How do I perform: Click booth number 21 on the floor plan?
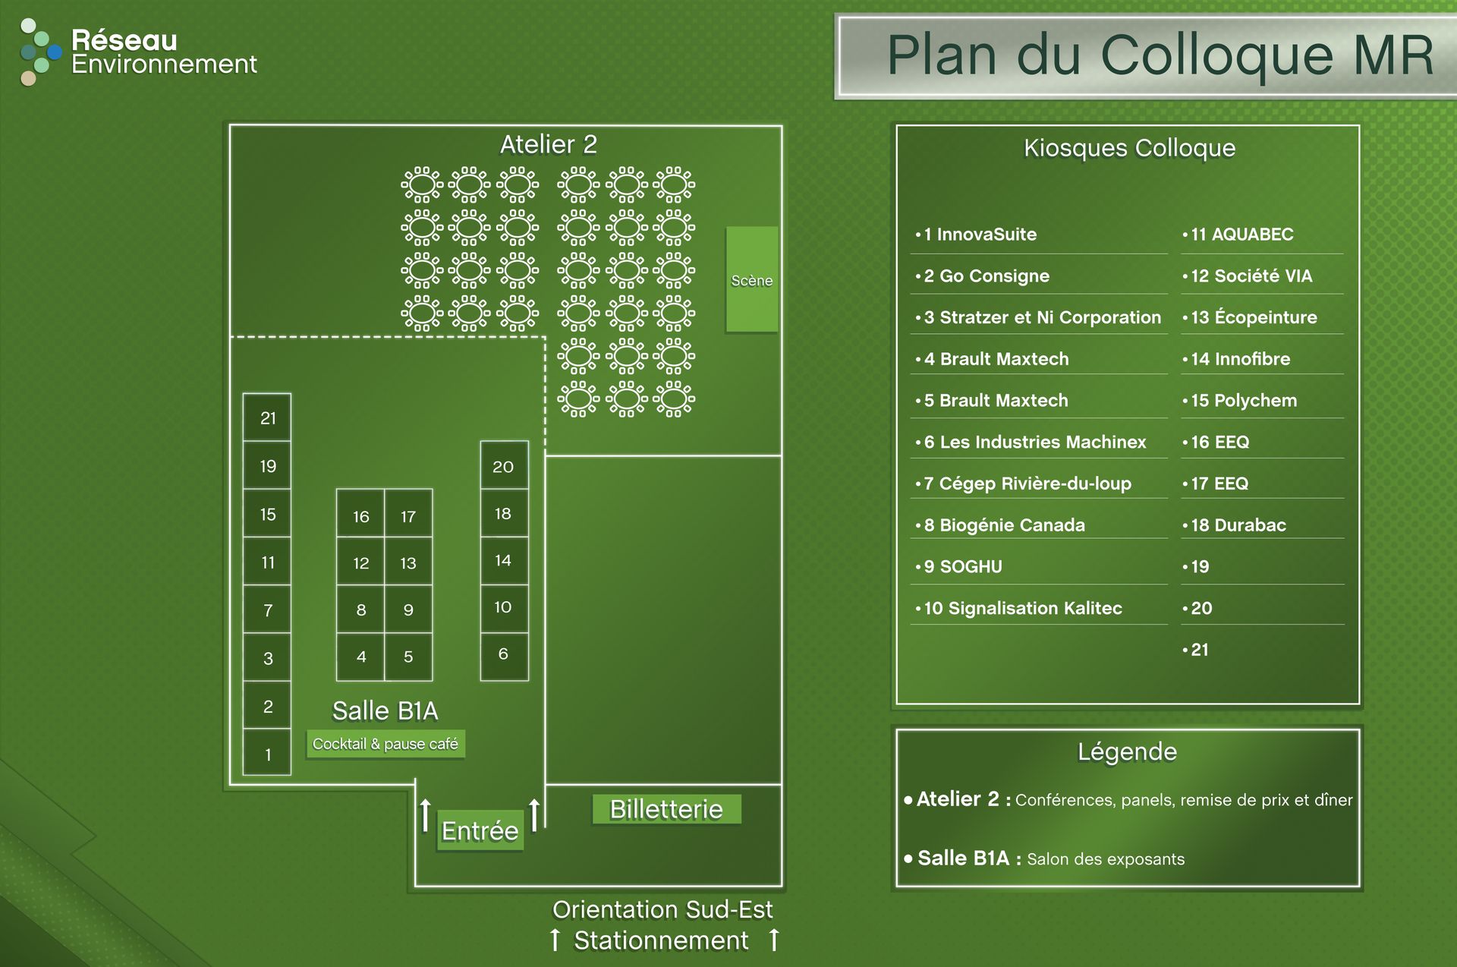[x=267, y=417]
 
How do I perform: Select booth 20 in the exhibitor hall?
[x=503, y=466]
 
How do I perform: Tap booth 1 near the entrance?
[x=267, y=754]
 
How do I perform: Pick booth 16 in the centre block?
[x=360, y=516]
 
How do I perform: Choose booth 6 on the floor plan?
[x=503, y=654]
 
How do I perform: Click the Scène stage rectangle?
[x=751, y=280]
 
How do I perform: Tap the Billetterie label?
[x=666, y=809]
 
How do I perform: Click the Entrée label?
[x=480, y=830]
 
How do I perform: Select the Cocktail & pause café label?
[x=385, y=744]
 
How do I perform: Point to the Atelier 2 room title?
[x=548, y=144]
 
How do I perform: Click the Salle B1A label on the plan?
[x=385, y=710]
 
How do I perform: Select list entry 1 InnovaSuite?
[x=980, y=235]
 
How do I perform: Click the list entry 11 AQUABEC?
[x=1241, y=235]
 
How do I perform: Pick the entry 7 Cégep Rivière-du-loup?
[x=1027, y=483]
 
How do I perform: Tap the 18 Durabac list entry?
[x=1238, y=525]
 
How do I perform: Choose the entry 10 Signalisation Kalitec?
[x=1022, y=608]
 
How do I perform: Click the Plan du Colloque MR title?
[x=1160, y=56]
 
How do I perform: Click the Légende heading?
[x=1127, y=751]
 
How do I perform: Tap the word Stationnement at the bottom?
[x=661, y=940]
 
